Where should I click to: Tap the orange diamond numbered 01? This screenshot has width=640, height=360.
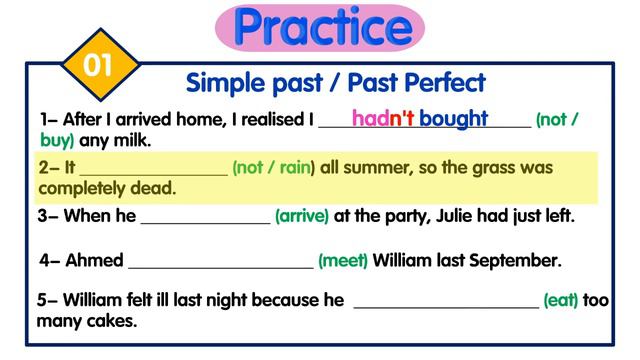click(96, 66)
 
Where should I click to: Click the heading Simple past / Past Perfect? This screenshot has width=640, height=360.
click(335, 82)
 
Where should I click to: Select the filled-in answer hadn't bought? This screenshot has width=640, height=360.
click(420, 118)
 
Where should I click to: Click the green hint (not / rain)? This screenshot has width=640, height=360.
click(273, 168)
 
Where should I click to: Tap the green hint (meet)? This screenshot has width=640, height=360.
click(343, 261)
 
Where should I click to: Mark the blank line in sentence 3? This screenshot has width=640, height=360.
click(205, 219)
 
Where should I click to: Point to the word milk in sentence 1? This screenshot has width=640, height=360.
click(131, 141)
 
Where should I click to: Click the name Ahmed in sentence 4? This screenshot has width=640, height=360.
click(94, 261)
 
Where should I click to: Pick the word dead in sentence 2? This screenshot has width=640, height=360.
click(155, 188)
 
